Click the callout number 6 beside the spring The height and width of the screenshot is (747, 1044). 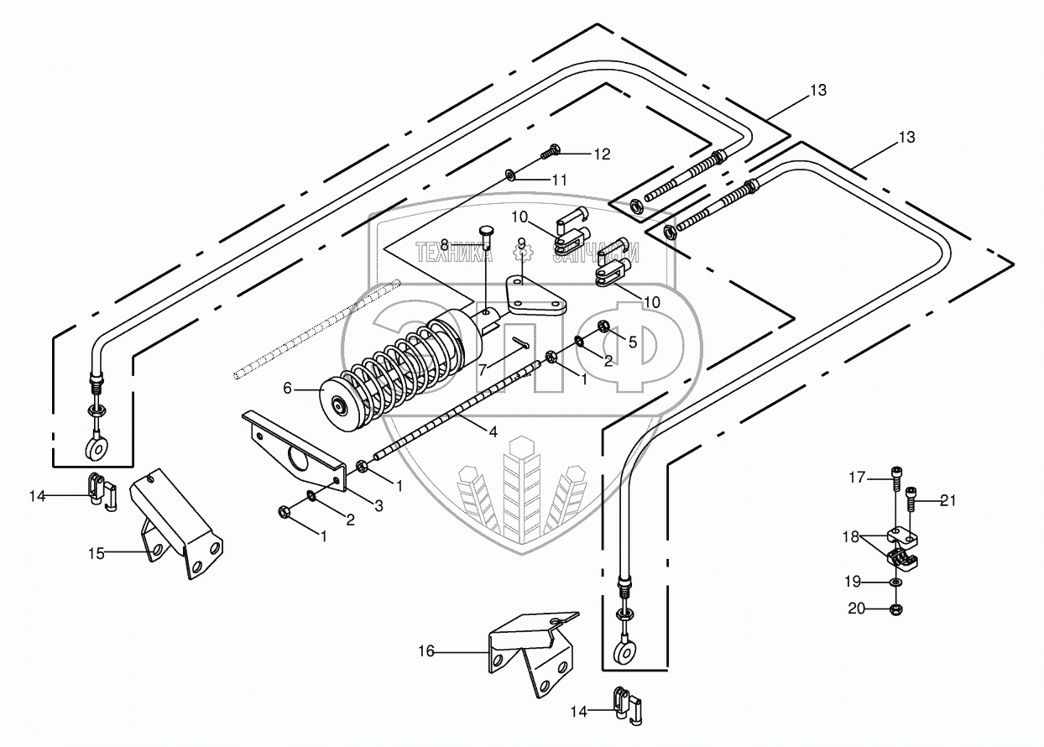click(288, 388)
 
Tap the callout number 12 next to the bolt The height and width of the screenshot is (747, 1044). click(602, 154)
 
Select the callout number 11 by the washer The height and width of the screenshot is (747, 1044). click(559, 180)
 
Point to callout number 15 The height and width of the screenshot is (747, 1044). click(97, 553)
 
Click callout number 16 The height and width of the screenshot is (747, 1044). click(426, 651)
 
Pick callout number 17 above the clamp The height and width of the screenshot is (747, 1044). click(857, 478)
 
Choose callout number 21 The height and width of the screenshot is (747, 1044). click(947, 500)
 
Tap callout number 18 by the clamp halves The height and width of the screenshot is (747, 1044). click(851, 537)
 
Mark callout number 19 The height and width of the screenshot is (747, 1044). click(853, 582)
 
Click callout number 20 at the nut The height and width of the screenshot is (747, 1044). click(856, 609)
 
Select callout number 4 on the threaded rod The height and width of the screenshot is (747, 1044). click(493, 432)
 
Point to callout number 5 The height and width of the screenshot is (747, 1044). click(633, 342)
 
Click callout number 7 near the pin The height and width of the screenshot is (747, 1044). click(483, 370)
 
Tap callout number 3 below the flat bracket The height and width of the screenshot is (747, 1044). click(379, 505)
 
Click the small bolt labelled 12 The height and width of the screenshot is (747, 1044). click(550, 151)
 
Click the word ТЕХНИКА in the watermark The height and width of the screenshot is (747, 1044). click(454, 253)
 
